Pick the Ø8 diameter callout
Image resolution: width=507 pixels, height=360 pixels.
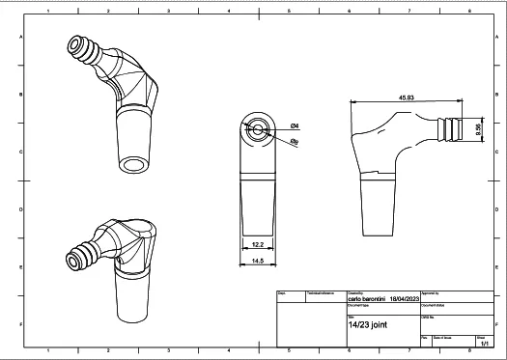pos(295,141)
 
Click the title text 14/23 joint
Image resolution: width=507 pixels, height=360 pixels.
pos(367,325)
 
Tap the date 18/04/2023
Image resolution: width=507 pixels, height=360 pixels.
pos(407,299)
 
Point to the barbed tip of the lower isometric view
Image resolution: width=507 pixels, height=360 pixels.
pos(73,260)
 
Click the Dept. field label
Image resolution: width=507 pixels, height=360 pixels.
pos(282,291)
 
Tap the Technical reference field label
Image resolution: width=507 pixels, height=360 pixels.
pos(321,291)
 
